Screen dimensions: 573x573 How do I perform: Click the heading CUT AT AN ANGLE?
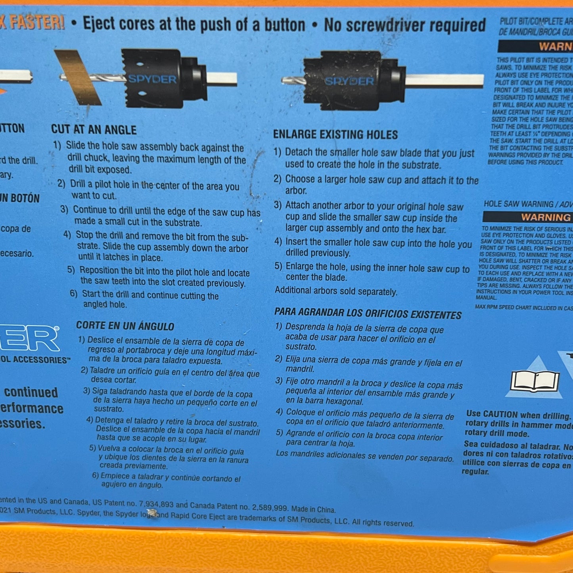point(94,130)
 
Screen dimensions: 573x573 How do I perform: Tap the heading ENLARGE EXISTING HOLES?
point(335,135)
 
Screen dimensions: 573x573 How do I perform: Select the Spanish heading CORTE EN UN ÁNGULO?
point(125,326)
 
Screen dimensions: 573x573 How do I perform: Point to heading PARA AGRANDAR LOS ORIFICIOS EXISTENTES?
point(368,314)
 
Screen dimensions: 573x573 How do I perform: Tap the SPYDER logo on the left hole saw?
point(152,79)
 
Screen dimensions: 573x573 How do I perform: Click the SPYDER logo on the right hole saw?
point(349,81)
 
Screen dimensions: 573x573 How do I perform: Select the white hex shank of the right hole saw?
point(444,80)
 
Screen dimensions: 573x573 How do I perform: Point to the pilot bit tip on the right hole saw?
point(287,81)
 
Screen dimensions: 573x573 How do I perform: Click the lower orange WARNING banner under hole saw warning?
point(545,217)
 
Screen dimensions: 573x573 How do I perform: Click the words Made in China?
point(313,509)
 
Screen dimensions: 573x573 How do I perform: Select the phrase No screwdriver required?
point(404,25)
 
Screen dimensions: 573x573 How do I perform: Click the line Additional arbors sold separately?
point(336,291)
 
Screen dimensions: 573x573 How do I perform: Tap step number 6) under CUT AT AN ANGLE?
point(73,293)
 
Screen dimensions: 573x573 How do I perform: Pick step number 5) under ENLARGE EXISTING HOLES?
point(278,266)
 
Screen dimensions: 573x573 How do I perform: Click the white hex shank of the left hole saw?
point(222,78)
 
